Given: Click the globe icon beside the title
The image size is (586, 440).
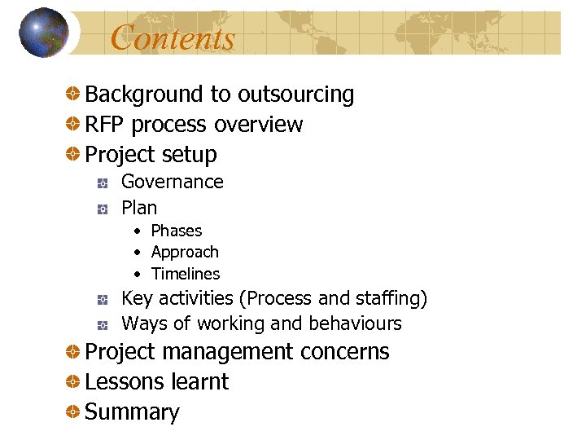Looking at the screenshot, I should pyautogui.click(x=43, y=33).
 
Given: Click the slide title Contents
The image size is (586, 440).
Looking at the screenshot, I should pyautogui.click(x=173, y=37).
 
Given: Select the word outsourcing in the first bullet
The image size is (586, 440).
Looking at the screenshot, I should pyautogui.click(x=296, y=95).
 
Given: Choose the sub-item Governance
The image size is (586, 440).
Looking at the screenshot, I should pyautogui.click(x=172, y=182).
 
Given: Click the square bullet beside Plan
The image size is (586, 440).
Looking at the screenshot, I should pyautogui.click(x=103, y=209).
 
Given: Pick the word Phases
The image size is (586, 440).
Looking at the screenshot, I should pyautogui.click(x=177, y=231).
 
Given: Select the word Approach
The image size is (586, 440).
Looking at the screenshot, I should pyautogui.click(x=185, y=253).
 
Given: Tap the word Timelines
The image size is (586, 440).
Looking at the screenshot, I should pyautogui.click(x=186, y=274).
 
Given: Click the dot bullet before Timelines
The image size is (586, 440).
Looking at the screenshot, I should pyautogui.click(x=139, y=275).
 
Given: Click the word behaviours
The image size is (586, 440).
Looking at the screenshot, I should pyautogui.click(x=354, y=323).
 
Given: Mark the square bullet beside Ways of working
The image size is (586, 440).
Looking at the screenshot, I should pyautogui.click(x=103, y=325).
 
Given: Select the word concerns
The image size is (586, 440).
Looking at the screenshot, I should pyautogui.click(x=345, y=352).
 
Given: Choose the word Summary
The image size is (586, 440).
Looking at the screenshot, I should pyautogui.click(x=132, y=412).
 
